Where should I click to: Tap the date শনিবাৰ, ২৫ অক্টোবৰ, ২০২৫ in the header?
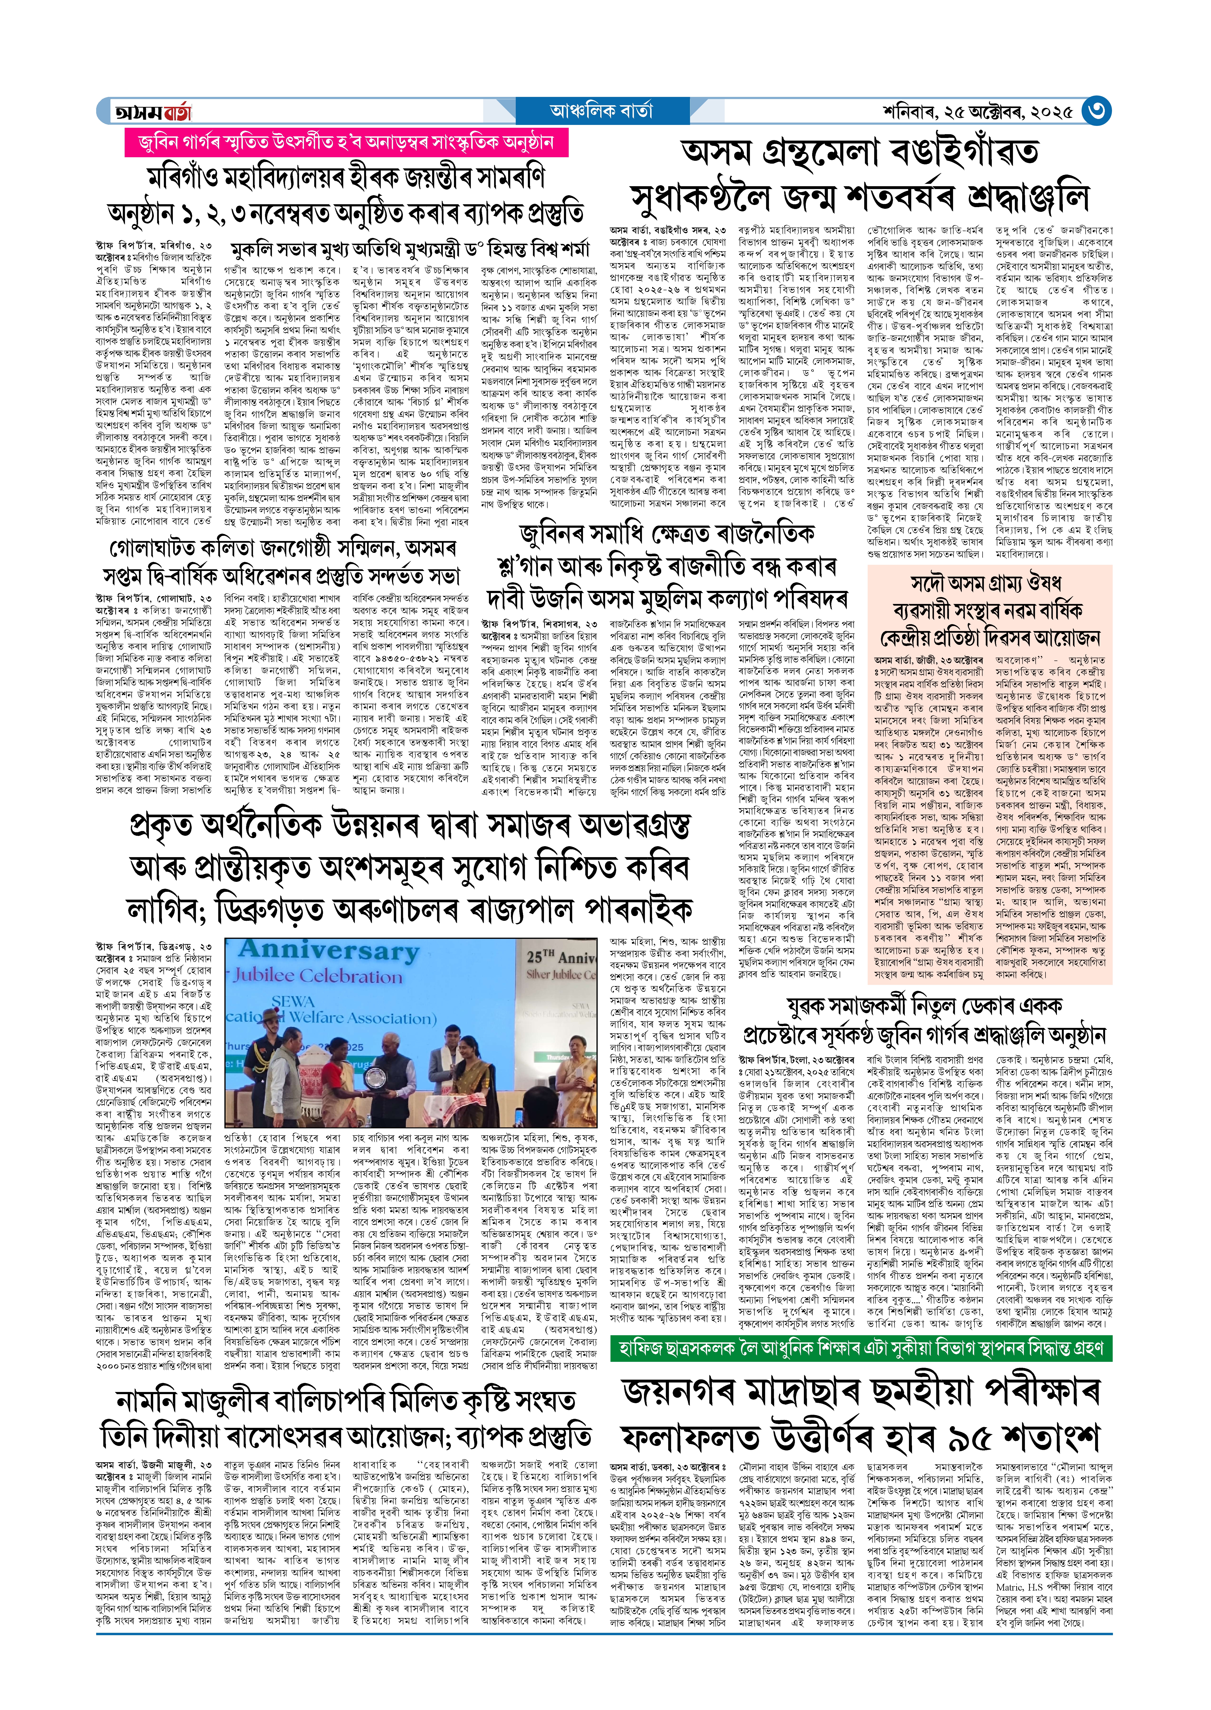coord(977,112)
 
